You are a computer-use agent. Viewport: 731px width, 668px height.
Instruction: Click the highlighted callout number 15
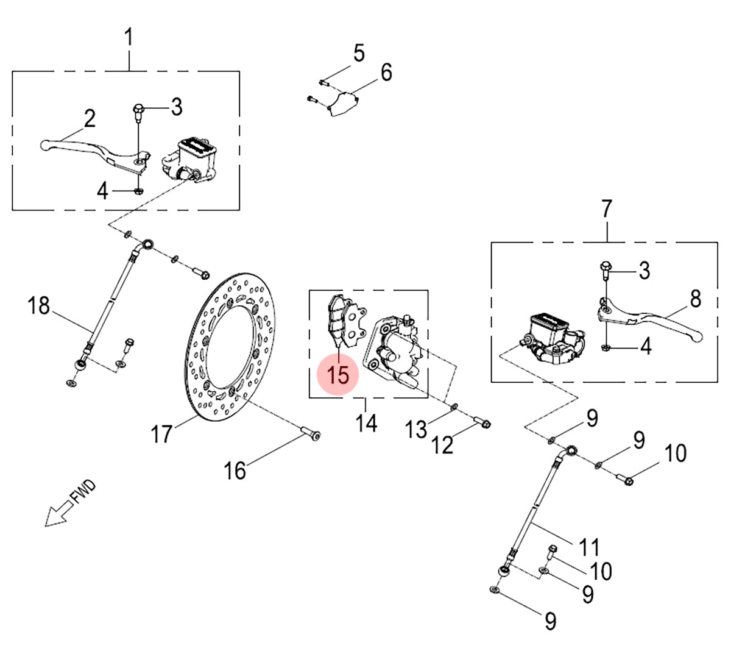click(x=339, y=374)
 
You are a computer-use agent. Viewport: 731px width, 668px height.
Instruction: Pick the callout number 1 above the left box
click(x=129, y=37)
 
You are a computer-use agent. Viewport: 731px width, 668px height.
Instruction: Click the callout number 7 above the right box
click(x=606, y=209)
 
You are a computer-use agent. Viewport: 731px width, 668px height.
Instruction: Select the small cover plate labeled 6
click(x=342, y=105)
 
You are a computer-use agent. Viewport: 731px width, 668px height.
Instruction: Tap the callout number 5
click(x=359, y=54)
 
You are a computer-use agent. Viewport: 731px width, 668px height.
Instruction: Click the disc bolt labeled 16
click(x=311, y=434)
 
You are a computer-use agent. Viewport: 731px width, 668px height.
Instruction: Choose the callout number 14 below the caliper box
click(x=367, y=422)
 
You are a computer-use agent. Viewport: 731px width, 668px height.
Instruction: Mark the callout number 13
click(x=417, y=430)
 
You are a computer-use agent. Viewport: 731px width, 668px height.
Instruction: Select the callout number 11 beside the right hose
click(x=589, y=547)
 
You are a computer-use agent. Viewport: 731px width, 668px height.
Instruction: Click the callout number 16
click(x=235, y=470)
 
